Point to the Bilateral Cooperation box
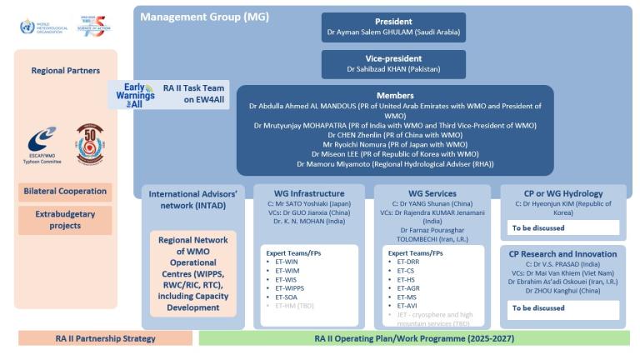66,191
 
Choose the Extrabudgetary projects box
66,220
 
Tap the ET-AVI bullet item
407,306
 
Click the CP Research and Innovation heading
562,253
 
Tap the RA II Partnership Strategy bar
105,338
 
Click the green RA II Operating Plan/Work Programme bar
414,338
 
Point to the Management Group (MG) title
192,16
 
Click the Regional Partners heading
66,71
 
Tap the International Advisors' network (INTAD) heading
193,199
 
